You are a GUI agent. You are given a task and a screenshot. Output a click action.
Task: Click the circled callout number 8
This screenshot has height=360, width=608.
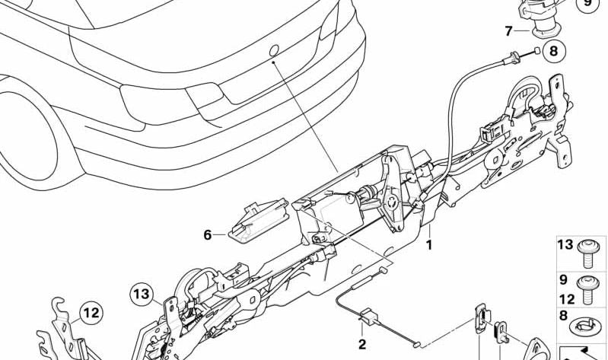(554, 51)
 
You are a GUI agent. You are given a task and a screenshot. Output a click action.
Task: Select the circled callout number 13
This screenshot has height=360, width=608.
(142, 295)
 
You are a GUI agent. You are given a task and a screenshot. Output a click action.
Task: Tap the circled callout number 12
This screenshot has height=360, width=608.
(91, 313)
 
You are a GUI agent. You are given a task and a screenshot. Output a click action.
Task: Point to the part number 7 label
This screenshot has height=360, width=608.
(509, 30)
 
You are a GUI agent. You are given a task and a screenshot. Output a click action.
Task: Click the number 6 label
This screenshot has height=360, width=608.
(208, 234)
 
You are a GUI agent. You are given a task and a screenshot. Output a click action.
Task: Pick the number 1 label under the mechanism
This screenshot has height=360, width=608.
(429, 245)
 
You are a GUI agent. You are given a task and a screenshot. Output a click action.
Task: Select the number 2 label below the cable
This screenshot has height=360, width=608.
(361, 344)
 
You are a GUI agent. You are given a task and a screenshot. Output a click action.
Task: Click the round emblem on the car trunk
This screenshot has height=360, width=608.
(274, 50)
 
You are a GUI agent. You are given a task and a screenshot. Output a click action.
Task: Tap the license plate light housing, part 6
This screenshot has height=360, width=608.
(259, 218)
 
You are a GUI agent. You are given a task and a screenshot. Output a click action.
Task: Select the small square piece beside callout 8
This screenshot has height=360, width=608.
(536, 50)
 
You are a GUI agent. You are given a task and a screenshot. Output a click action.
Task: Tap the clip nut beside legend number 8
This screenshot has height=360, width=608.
(584, 325)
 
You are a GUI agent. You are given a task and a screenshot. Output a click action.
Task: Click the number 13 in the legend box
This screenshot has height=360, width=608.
(565, 245)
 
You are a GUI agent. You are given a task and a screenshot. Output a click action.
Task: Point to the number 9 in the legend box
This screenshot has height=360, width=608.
(563, 279)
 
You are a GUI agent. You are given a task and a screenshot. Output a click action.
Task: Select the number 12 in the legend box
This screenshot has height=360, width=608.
(566, 299)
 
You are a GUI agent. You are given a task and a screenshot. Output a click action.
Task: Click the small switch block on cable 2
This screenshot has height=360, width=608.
(369, 314)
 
